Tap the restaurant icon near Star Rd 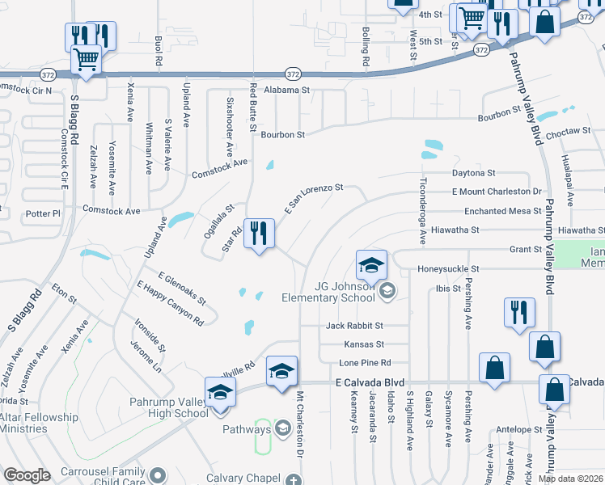pos(259,235)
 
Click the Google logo pos(27,475)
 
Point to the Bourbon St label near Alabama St pos(282,134)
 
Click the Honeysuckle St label pos(448,268)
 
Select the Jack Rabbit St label pos(354,326)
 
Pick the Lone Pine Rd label pos(364,362)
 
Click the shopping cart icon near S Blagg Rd pos(87,57)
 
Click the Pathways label pos(245,429)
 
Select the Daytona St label pos(473,173)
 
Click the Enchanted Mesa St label pos(502,211)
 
